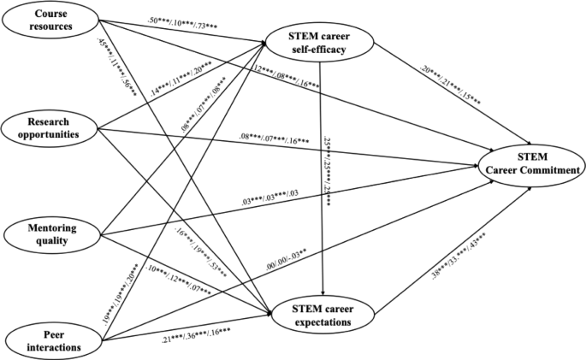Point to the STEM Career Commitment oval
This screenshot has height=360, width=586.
click(x=530, y=162)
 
